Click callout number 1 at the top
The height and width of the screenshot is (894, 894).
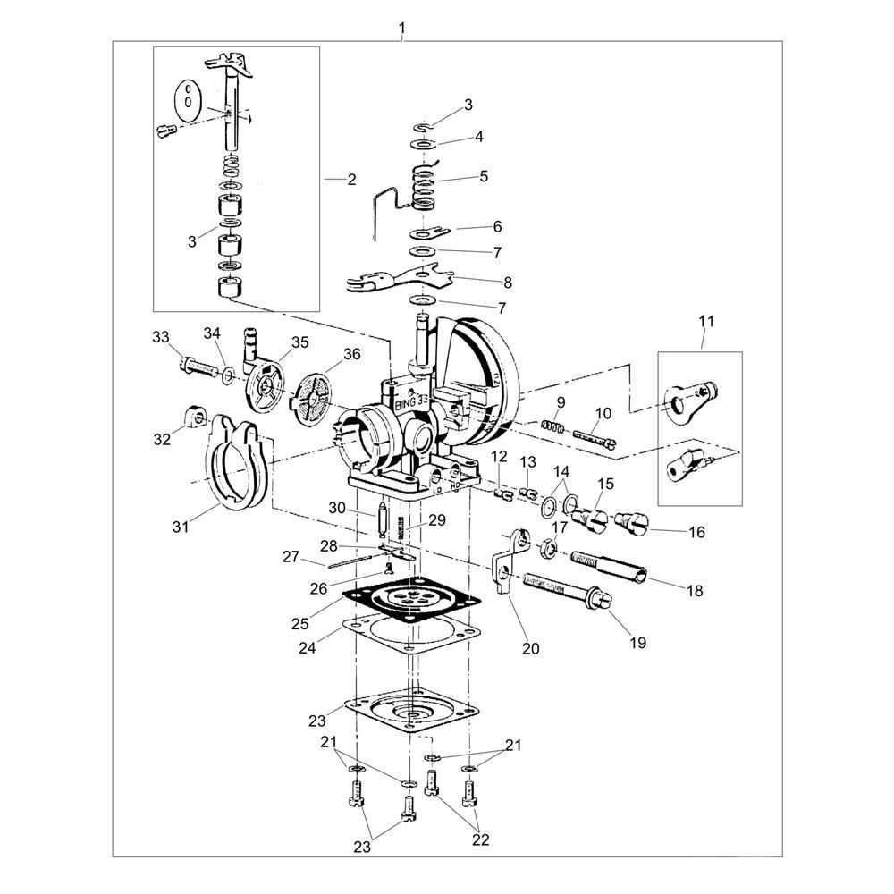click(402, 28)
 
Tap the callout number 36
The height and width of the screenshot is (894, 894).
click(351, 354)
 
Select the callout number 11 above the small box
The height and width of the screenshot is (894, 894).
click(706, 322)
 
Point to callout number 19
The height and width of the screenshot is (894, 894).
click(638, 643)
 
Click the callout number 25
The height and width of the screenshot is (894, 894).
click(299, 624)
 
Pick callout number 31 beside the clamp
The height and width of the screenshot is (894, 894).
click(181, 527)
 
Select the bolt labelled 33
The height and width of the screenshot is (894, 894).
click(200, 366)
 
